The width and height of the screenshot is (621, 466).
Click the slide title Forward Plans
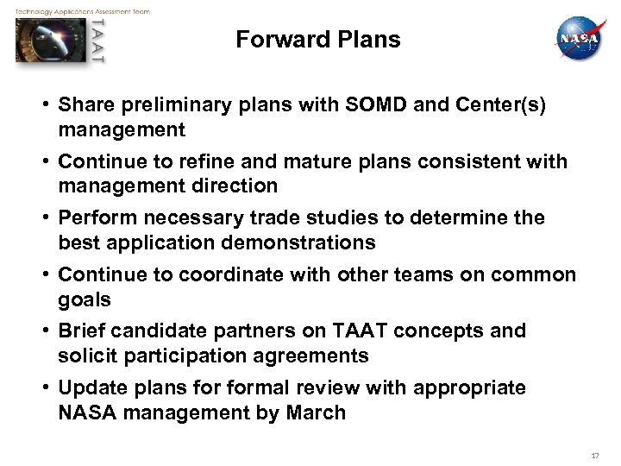[x=318, y=40]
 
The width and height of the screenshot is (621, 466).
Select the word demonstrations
[x=298, y=242]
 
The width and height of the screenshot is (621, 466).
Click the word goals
[x=85, y=299]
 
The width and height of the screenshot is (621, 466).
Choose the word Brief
[x=82, y=331]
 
